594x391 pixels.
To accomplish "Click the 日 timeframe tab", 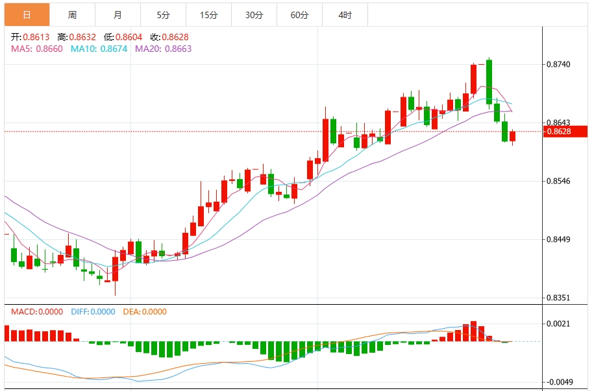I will (x=27, y=15).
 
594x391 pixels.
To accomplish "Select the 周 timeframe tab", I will (x=72, y=15).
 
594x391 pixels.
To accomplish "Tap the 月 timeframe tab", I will (x=117, y=15).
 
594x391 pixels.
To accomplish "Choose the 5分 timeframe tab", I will (x=163, y=15).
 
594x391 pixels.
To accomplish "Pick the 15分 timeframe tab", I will (x=208, y=15).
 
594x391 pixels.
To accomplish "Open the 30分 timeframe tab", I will (x=254, y=15).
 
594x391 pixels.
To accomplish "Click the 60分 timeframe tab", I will (x=299, y=15).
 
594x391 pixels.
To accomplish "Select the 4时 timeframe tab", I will (x=345, y=15).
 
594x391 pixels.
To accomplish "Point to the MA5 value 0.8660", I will (x=49, y=49).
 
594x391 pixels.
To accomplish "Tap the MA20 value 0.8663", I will (x=177, y=49).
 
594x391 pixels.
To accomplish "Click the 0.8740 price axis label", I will (x=558, y=64).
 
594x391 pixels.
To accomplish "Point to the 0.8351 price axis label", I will (x=558, y=298).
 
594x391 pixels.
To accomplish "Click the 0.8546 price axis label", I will (x=558, y=181).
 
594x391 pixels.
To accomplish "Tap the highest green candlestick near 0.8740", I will (x=489, y=81).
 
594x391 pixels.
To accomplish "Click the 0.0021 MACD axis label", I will (x=558, y=324).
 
